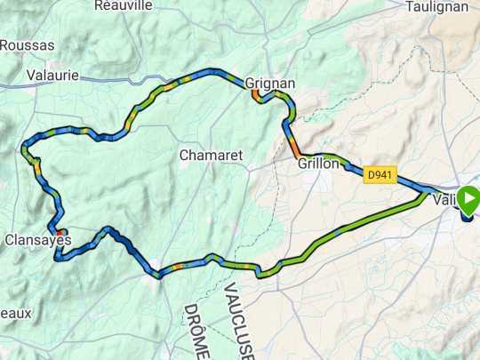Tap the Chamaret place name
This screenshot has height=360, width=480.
tap(211, 155)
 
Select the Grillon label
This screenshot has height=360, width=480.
tap(318, 164)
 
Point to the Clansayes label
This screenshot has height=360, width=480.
tap(38, 240)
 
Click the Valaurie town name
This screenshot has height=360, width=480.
tap(53, 75)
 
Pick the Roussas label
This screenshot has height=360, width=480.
tap(27, 44)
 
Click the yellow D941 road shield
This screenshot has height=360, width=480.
tap(380, 174)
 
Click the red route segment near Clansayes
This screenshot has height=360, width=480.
tap(60, 220)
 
